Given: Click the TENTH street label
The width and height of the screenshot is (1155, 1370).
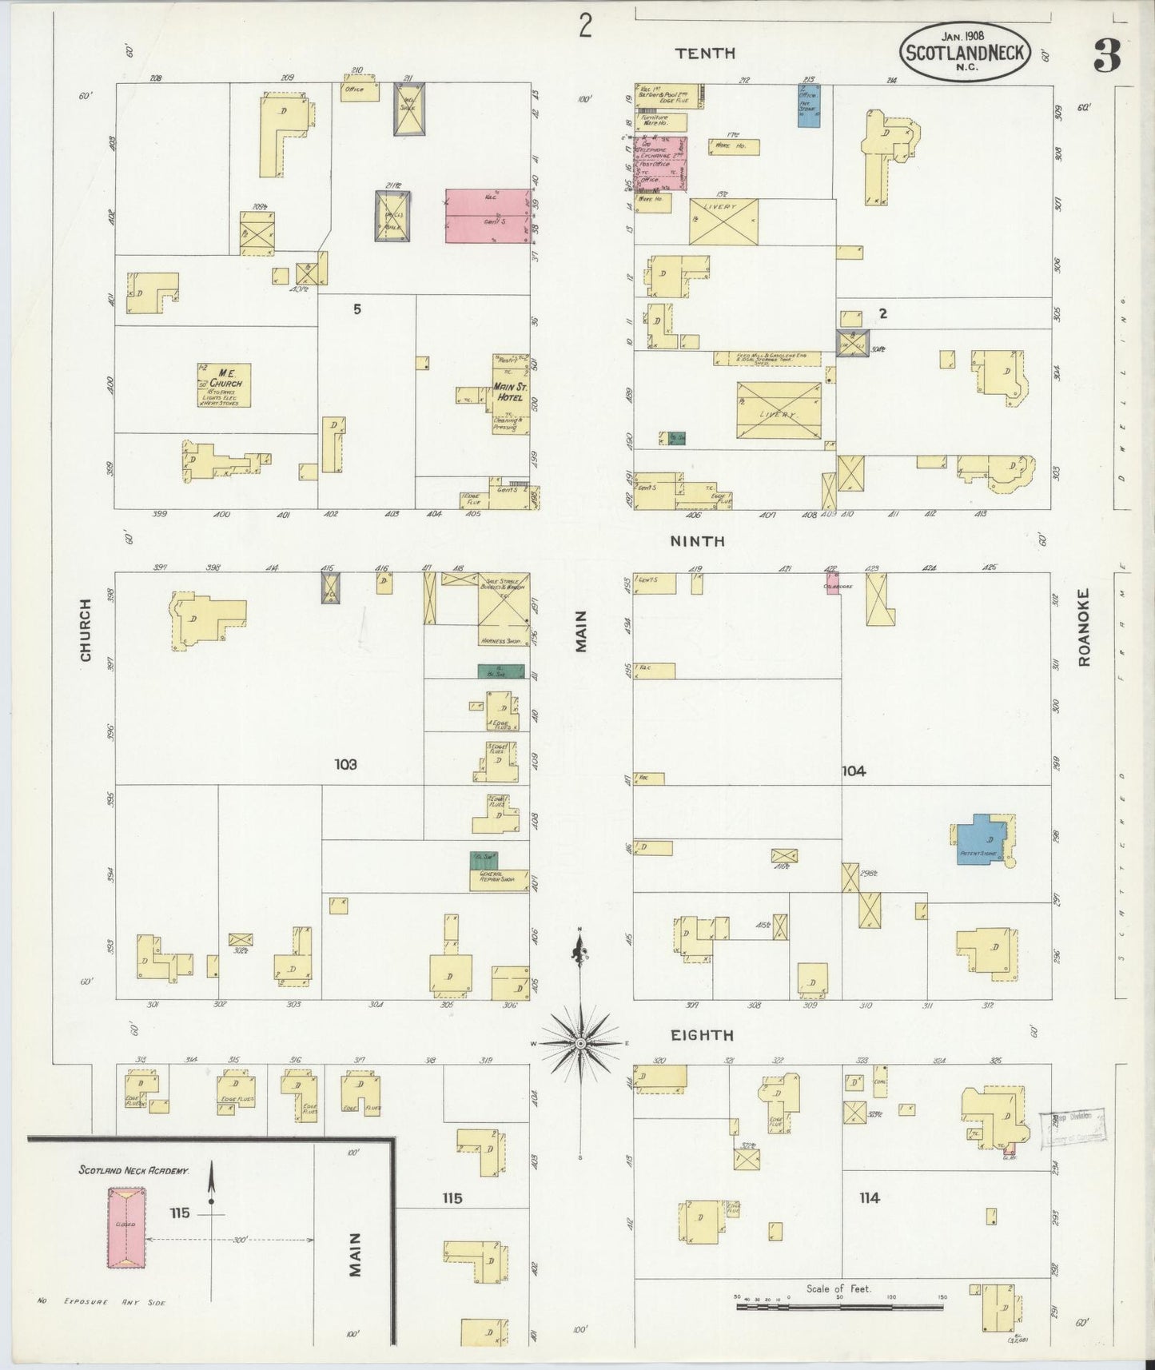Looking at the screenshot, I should pyautogui.click(x=704, y=54).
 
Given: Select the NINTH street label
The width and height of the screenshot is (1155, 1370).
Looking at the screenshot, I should pyautogui.click(x=697, y=541).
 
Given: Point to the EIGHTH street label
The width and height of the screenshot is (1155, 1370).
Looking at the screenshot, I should pyautogui.click(x=701, y=1035).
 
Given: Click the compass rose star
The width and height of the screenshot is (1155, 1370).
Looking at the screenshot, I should pyautogui.click(x=580, y=1044).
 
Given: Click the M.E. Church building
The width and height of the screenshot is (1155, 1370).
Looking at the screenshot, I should pyautogui.click(x=225, y=385).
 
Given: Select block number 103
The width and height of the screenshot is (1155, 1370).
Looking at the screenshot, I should pyautogui.click(x=345, y=765).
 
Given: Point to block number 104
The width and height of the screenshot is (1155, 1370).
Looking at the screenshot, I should pyautogui.click(x=854, y=771).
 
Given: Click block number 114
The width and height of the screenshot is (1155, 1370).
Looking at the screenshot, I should pyautogui.click(x=870, y=1197).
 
